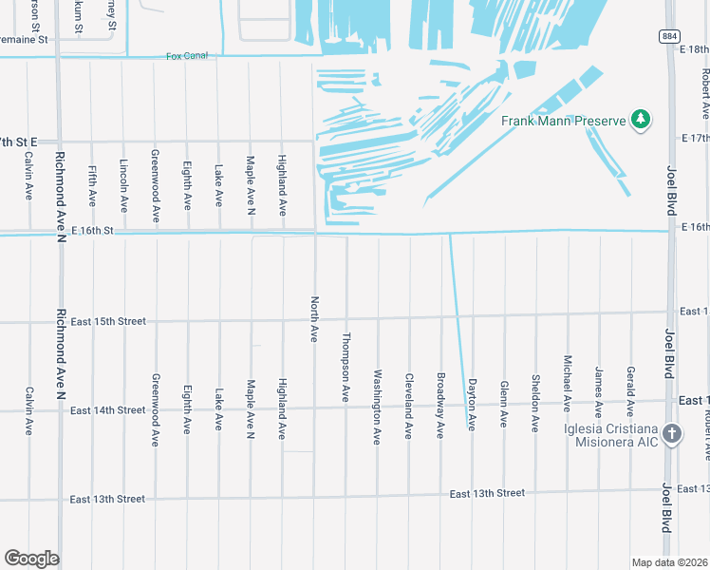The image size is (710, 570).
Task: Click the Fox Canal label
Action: pos(186,56)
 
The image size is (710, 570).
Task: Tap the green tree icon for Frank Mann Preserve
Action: pos(642,119)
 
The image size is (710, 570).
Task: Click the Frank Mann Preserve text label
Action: pos(565,121)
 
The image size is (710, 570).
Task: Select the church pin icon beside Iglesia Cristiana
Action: pos(671,434)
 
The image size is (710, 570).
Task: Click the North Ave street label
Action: pos(314,318)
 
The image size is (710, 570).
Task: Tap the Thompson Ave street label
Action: pos(346,366)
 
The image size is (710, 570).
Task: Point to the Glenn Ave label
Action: pos(503,403)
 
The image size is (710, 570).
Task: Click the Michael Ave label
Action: pos(567,384)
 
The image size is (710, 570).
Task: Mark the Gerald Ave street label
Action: pos(629,391)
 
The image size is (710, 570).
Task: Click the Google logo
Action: pos(32,559)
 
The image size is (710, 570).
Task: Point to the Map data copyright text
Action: pos(669,562)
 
